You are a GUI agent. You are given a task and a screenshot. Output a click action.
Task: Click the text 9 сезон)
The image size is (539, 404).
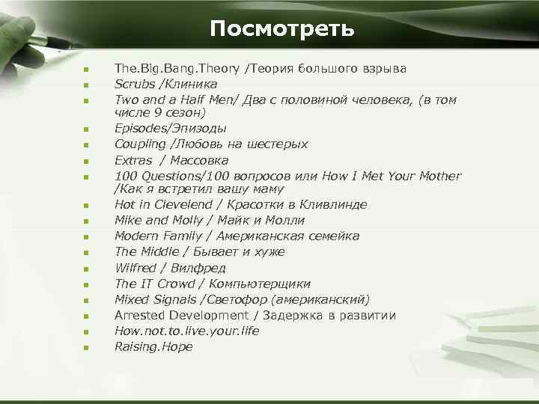pos(180,112)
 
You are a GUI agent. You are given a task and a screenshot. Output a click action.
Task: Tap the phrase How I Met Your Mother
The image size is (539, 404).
pos(392,176)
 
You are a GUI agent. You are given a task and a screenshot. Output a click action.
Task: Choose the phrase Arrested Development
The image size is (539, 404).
pos(181,315)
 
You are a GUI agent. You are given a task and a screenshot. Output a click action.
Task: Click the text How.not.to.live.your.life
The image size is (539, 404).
pos(186,331)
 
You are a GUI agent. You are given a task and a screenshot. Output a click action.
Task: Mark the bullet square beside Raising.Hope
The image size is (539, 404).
pos(87,348)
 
